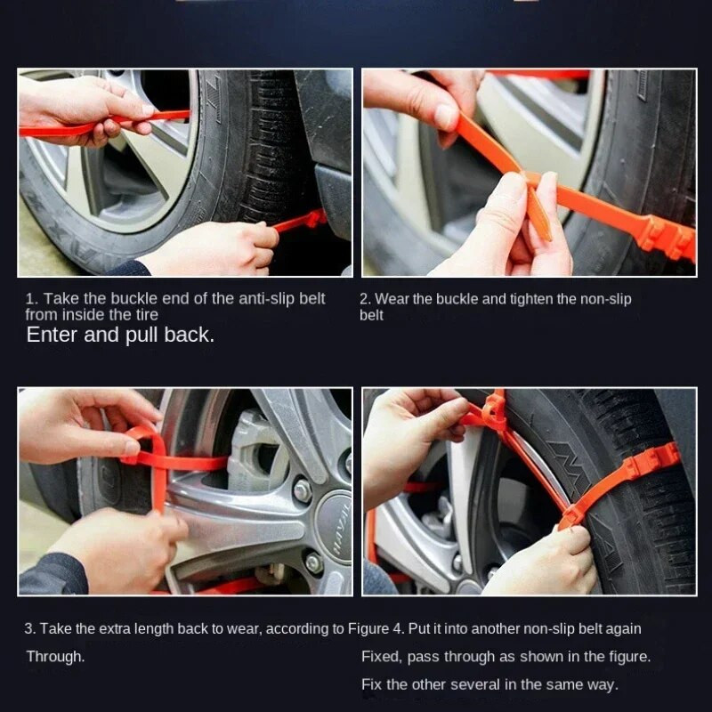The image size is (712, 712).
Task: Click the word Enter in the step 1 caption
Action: [52, 336]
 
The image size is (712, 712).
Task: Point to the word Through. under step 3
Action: [55, 657]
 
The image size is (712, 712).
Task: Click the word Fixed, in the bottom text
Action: [382, 657]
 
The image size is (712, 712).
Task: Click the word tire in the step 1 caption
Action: [147, 315]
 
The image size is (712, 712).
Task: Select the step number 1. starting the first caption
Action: [32, 299]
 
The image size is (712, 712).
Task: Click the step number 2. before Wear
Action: [366, 299]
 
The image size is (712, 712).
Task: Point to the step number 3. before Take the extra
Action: [30, 629]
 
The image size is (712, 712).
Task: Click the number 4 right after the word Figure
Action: [397, 629]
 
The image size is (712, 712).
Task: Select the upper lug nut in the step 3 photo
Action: [303, 490]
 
